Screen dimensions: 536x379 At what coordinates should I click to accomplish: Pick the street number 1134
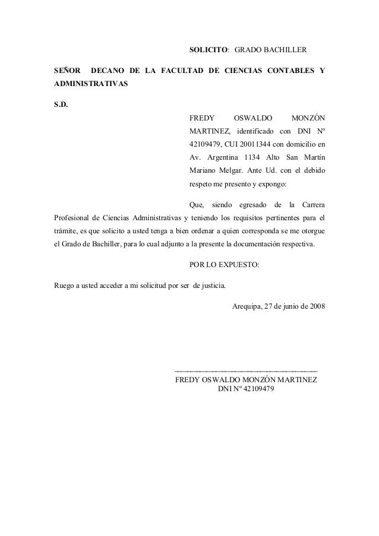tap(256, 157)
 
